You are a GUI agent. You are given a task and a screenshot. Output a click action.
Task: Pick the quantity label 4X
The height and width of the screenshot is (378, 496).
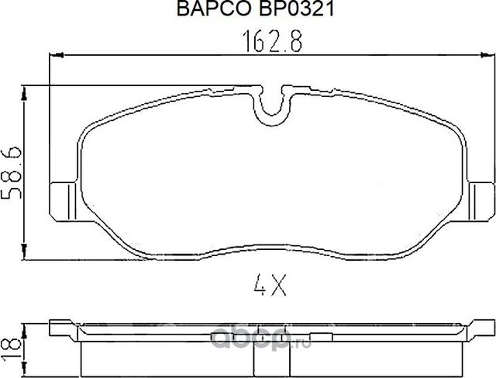click(x=271, y=288)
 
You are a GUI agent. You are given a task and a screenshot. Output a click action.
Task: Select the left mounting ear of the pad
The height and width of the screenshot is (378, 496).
click(x=62, y=199)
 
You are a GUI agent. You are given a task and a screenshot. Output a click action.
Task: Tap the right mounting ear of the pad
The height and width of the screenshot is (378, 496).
click(x=481, y=199)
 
